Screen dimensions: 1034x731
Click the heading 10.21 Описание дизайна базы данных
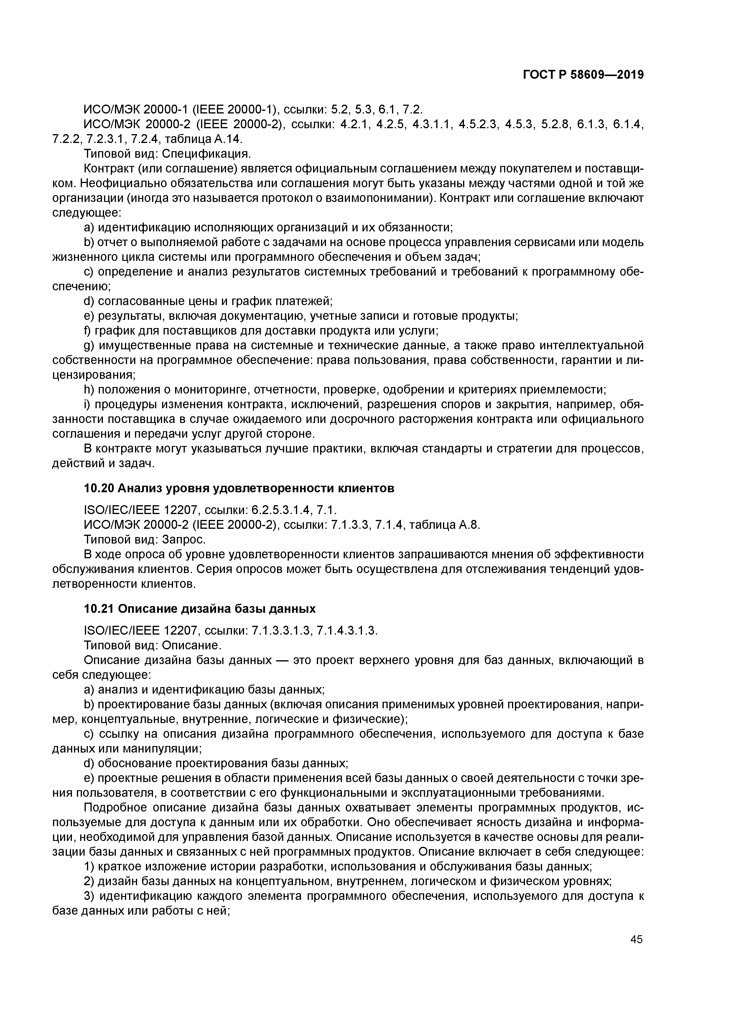[200, 609]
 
